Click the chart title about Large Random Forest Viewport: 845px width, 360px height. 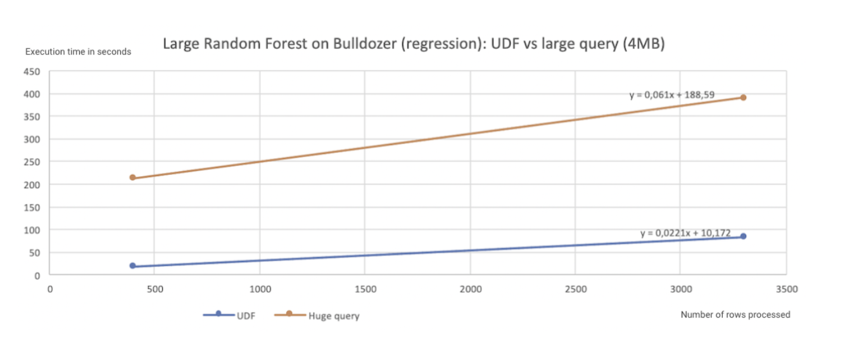pos(413,44)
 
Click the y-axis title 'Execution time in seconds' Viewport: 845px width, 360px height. pos(78,52)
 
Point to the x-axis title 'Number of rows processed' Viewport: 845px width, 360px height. pos(735,314)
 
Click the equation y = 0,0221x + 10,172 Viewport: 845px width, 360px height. pos(685,233)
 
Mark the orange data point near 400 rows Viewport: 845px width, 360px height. pos(132,177)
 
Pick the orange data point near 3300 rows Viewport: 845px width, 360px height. pos(743,98)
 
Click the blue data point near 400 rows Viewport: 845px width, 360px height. pos(132,266)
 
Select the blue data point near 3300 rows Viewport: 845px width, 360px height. pos(743,236)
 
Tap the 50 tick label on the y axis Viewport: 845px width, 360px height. pos(35,252)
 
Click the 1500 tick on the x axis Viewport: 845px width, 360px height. pos(365,290)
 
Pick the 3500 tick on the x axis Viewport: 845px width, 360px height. pos(785,290)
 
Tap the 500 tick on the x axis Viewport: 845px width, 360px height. pos(155,290)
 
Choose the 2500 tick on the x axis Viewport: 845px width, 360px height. pos(575,290)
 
